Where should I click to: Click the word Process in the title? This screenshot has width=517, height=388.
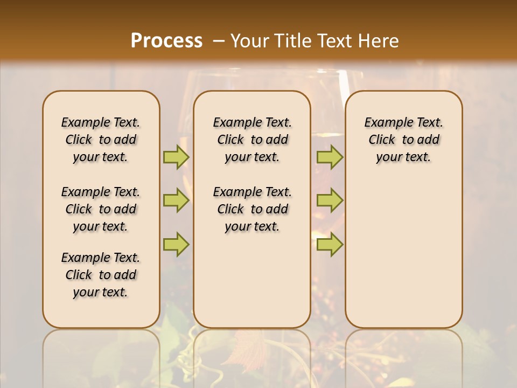click(x=166, y=41)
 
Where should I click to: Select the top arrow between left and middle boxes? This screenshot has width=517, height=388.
click(x=176, y=157)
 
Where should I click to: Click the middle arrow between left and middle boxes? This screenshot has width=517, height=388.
click(x=176, y=200)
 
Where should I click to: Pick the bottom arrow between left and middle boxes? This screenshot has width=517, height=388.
click(x=176, y=244)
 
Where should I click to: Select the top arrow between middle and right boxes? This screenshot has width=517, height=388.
click(x=330, y=157)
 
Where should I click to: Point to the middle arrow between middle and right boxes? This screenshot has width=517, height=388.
click(x=330, y=200)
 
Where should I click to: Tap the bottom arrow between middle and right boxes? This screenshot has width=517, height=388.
click(x=330, y=244)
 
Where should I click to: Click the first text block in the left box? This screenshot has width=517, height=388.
click(x=101, y=140)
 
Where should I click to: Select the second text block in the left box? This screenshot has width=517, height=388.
click(x=101, y=209)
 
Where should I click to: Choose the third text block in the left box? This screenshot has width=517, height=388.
click(x=101, y=275)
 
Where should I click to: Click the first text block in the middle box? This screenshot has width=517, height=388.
click(x=252, y=140)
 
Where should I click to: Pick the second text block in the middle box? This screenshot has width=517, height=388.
click(x=252, y=209)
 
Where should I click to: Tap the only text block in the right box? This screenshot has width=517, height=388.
click(x=403, y=140)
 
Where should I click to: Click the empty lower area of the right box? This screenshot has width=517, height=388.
click(x=403, y=253)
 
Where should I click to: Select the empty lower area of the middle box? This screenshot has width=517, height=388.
click(x=252, y=280)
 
